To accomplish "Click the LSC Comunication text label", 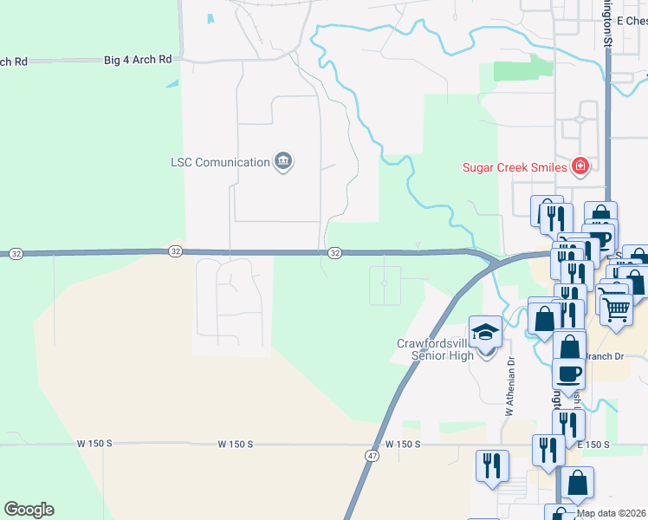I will pos(220,162).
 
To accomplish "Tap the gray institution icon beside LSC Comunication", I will pos(283,161).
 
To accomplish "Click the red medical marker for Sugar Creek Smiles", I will pos(580,166).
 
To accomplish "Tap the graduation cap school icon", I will pos(485,331).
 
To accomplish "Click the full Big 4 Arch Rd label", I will pos(138,60).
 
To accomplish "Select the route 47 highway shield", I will pos(371,454).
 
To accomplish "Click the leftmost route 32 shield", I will pos(16,254).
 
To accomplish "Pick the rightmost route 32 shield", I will pos(335,252).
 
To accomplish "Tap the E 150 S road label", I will pos(593,445).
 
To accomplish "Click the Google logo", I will pos(29,510).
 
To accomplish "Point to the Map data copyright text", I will pos(612,513).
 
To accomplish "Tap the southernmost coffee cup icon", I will pos(568,373).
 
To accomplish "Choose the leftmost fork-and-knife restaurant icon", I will pos(490,465).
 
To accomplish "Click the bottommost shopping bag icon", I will pos(577,481).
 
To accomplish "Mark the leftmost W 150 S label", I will pos(94,443).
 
